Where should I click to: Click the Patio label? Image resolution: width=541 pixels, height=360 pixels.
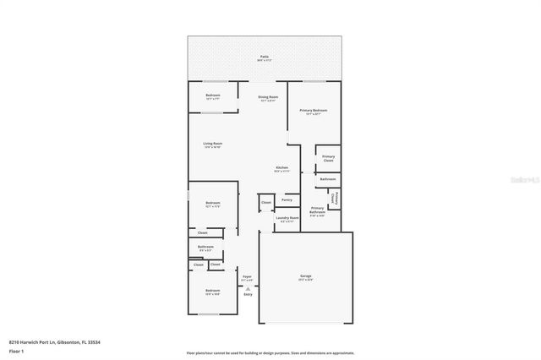pos(265,56)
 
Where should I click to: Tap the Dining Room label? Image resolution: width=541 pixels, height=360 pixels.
pos(268,97)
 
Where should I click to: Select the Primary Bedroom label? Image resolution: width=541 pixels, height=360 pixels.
pos(313,111)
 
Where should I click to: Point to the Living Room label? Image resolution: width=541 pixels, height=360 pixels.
pos(212,144)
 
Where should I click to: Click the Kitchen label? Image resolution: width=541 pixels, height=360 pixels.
pos(281,168)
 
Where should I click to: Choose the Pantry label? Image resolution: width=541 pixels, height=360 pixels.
pos(287,199)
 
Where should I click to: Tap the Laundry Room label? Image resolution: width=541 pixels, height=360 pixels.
pos(287,218)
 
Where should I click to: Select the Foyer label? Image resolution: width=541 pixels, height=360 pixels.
pos(248,276)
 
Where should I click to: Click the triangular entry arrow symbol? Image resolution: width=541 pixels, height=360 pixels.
pos(248,287)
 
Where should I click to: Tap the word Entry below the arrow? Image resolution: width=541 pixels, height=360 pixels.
pos(248,294)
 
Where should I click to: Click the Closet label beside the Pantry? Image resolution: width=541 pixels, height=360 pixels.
pos(266,203)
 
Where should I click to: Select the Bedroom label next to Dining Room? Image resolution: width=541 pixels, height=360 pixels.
pos(213,95)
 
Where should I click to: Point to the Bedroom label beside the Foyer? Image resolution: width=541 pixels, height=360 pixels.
pos(212,292)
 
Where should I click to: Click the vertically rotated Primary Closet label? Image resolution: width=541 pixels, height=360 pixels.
pos(336,199)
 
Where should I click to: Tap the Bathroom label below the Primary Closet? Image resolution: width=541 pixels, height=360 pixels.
pos(328,179)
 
